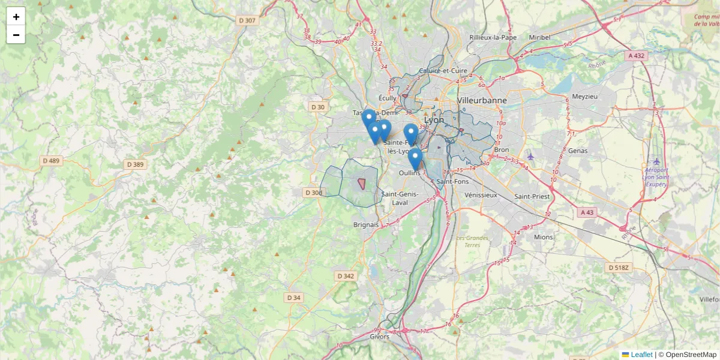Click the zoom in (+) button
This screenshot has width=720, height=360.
pyautogui.click(x=16, y=17)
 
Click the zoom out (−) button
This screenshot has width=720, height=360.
pyautogui.click(x=16, y=35)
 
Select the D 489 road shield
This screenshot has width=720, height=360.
pyautogui.click(x=52, y=161)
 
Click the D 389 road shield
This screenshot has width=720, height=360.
pyautogui.click(x=136, y=164)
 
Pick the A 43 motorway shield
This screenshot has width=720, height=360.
pyautogui.click(x=587, y=212)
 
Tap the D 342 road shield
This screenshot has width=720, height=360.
pyautogui.click(x=346, y=276)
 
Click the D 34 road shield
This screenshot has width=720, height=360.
pyautogui.click(x=293, y=298)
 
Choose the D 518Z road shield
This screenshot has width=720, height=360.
pyautogui.click(x=618, y=268)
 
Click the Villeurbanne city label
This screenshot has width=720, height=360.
pyautogui.click(x=482, y=100)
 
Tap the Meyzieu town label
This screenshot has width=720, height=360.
pyautogui.click(x=585, y=97)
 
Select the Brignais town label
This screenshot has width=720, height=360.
pyautogui.click(x=366, y=224)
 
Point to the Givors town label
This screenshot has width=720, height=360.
pyautogui.click(x=379, y=337)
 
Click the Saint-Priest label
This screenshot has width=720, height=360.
pyautogui.click(x=531, y=196)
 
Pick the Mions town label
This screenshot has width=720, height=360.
pyautogui.click(x=543, y=237)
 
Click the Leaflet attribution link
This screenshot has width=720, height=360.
pyautogui.click(x=641, y=355)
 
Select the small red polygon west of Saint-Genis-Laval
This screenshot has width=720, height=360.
pyautogui.click(x=362, y=183)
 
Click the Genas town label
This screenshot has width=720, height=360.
pyautogui.click(x=577, y=151)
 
